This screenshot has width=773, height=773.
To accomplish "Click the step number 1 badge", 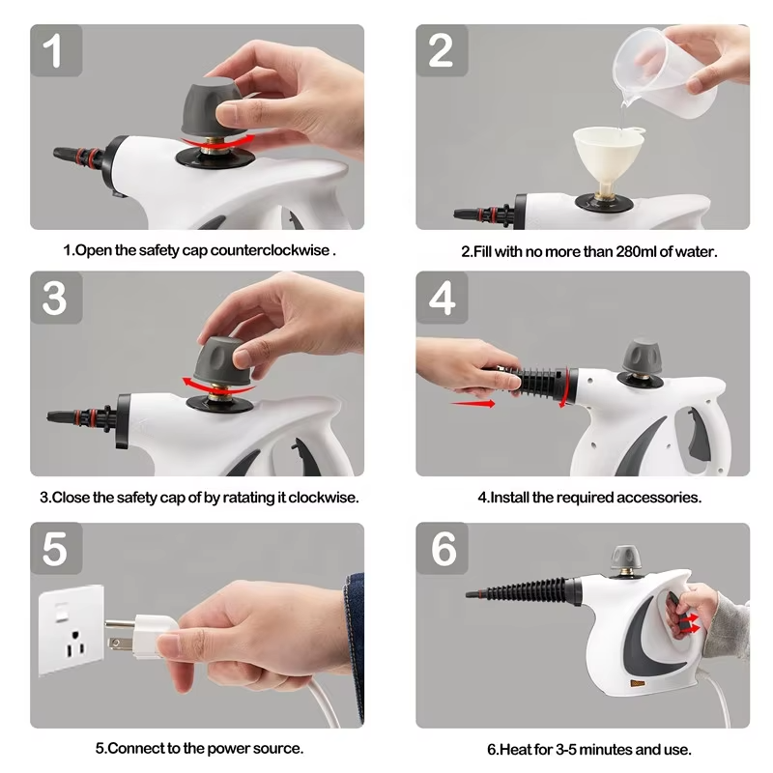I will (x=54, y=50).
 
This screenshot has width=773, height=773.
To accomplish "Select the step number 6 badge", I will (x=443, y=549).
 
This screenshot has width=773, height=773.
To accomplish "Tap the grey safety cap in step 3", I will (x=220, y=360).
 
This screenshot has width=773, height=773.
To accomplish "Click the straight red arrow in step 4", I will (x=472, y=403).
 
